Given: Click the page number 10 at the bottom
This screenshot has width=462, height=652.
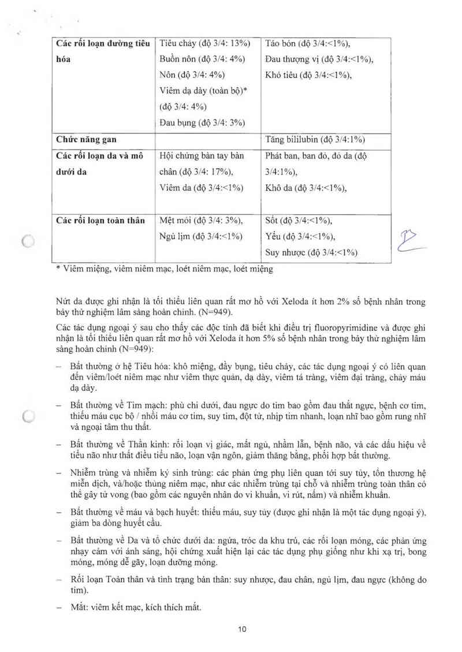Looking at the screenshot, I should coord(242,629).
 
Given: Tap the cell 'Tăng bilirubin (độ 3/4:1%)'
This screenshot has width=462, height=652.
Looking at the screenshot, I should coord(315,139).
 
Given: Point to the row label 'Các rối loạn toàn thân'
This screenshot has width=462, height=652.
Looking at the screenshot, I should coord(100,220).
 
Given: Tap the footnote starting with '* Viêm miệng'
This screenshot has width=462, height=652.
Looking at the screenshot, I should coord(165,269).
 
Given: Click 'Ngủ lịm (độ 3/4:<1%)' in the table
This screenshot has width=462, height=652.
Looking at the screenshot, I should coord(201,236).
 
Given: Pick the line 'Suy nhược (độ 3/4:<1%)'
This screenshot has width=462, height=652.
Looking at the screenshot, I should coord(311,252).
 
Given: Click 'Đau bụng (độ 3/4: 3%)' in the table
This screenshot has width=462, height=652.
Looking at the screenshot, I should coord(202,122).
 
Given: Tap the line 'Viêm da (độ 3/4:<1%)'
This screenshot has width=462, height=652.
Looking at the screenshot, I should coord(201,188).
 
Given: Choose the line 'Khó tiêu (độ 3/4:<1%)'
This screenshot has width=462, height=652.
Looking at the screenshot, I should coord(308,75).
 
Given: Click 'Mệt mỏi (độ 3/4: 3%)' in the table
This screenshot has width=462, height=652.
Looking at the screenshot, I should coord(201,220).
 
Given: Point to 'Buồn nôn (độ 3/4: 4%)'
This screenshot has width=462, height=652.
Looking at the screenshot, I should coord(202,59).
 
